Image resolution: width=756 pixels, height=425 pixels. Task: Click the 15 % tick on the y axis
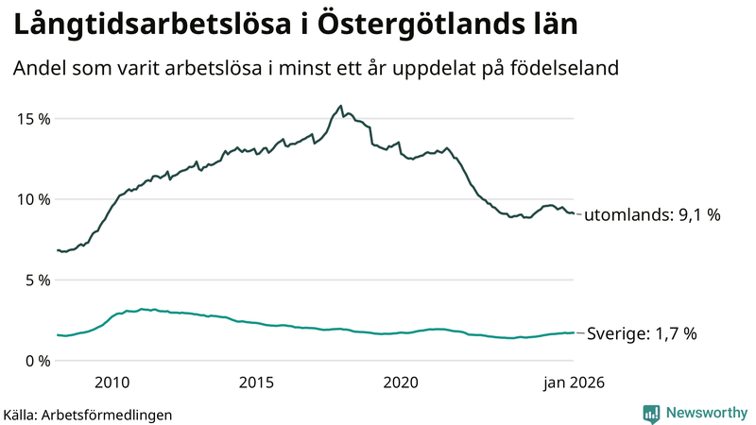click(31, 119)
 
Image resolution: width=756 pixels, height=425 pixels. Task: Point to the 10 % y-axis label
click(31, 199)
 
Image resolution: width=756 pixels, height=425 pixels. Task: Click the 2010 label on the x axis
click(112, 382)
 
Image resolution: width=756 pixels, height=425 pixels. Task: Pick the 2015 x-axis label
click(256, 382)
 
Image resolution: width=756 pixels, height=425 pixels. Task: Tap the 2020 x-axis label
click(401, 382)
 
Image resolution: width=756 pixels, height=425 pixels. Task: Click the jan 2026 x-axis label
click(572, 382)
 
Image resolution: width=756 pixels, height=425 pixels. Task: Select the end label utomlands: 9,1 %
click(652, 215)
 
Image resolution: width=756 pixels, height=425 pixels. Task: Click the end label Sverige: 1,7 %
click(642, 333)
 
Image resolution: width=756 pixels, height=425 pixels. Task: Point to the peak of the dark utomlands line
click(340, 106)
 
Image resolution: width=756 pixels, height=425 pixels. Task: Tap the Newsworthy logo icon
click(651, 413)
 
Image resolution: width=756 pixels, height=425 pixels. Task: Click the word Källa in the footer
click(21, 414)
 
